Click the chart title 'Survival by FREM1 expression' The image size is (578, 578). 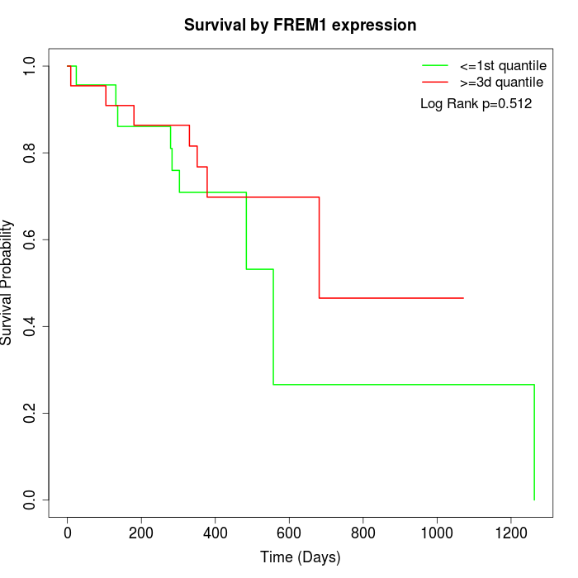300,25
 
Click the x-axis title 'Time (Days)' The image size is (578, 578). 300,557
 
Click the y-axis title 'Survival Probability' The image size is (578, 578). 8,282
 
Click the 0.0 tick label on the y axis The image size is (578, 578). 31,500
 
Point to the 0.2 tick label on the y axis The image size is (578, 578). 31,413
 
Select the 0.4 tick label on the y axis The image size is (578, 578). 31,326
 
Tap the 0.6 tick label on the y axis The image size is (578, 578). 31,239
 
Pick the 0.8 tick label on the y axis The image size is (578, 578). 31,153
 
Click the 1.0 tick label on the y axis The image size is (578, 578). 31,66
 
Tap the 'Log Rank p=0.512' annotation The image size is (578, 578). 476,104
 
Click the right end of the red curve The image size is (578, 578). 463,298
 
